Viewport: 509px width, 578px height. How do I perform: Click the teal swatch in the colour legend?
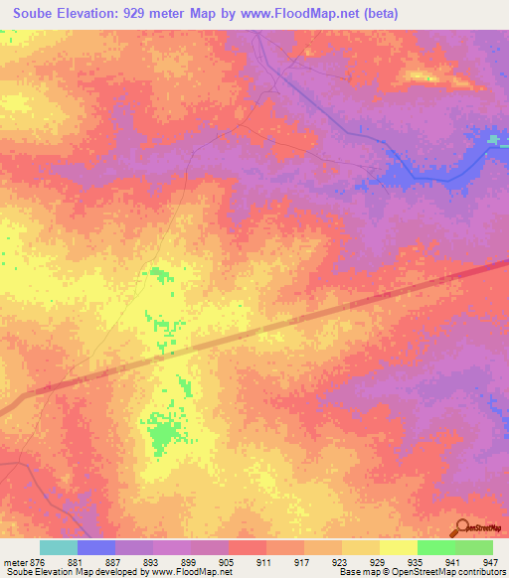pyautogui.click(x=59, y=547)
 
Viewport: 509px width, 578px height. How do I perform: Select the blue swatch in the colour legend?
pyautogui.click(x=96, y=547)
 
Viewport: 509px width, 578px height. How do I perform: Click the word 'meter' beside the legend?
pyautogui.click(x=15, y=562)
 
